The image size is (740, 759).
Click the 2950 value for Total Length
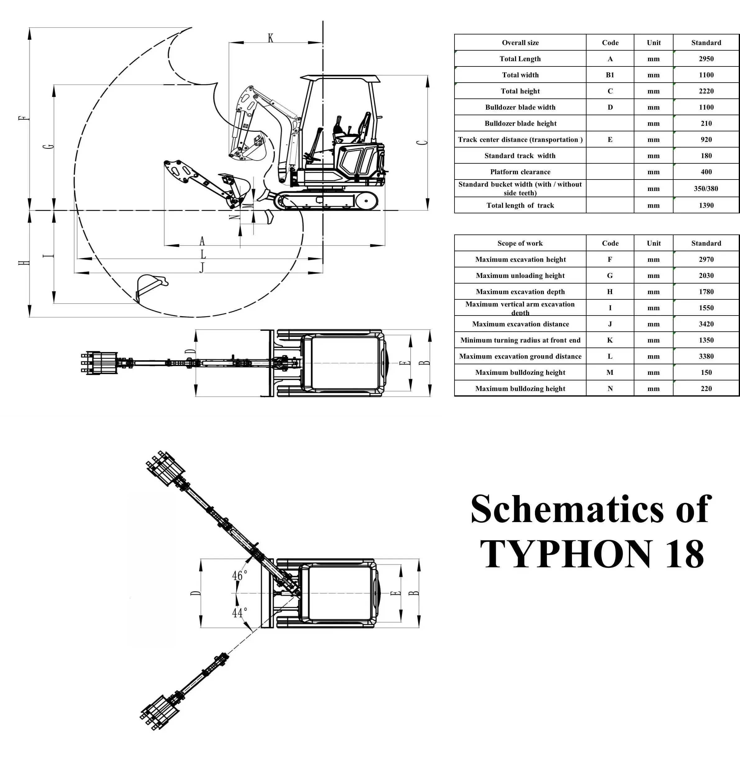click(x=706, y=59)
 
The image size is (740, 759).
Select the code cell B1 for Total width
click(x=610, y=75)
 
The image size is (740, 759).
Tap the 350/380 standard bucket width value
click(x=706, y=189)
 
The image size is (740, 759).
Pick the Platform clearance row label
click(x=520, y=172)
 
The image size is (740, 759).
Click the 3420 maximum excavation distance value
click(x=706, y=324)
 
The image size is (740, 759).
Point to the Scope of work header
click(x=520, y=243)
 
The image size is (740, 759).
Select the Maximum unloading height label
click(x=520, y=275)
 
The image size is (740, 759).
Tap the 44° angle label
click(x=240, y=612)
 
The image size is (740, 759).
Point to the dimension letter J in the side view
click(x=202, y=268)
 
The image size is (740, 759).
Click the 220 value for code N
click(x=706, y=389)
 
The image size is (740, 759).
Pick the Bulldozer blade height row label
click(x=520, y=124)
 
